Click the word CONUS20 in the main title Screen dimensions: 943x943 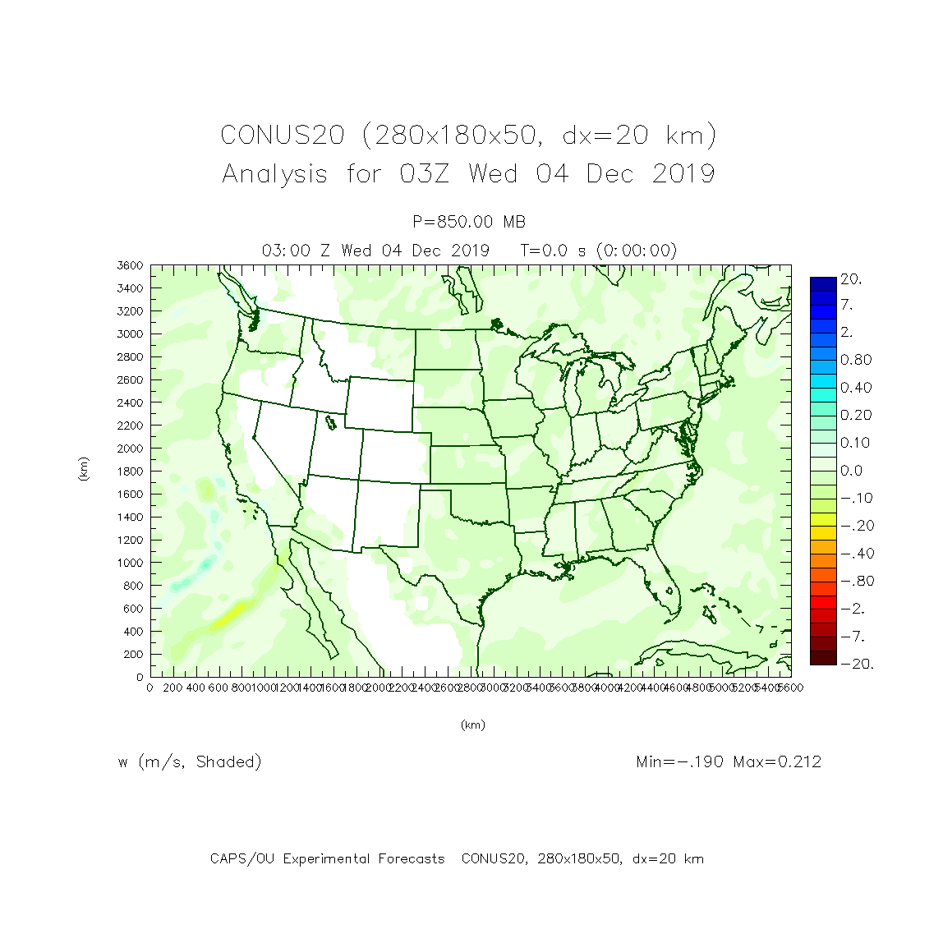click(282, 135)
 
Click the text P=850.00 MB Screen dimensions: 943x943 click(469, 222)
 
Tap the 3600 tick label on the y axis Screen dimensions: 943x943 click(130, 265)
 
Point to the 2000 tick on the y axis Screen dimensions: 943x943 click(130, 448)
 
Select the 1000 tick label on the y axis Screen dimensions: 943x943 click(130, 563)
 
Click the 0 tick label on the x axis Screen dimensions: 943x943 click(149, 688)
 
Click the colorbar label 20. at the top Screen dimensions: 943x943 click(851, 279)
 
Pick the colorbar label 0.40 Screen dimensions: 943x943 click(855, 388)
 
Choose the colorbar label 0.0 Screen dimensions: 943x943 click(851, 471)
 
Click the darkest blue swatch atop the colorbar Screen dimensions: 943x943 click(823, 283)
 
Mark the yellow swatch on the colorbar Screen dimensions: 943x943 click(823, 519)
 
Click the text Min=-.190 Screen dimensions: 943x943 click(679, 761)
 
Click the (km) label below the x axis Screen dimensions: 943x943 click(472, 724)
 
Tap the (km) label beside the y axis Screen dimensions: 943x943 click(84, 469)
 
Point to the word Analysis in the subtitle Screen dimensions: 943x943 click(274, 174)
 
